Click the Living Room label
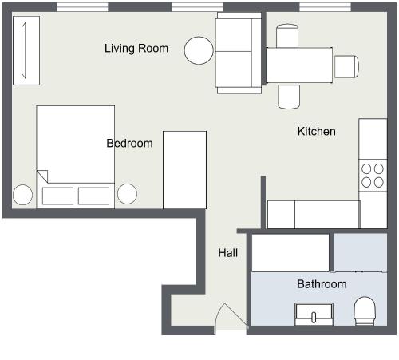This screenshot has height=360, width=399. coord(136,49)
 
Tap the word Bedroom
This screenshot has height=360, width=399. coord(129,143)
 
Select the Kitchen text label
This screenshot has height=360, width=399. coord(317,131)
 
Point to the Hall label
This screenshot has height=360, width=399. coord(228,252)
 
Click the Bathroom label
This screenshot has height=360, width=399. coord(322,284)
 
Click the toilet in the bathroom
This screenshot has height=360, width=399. coord(365,311)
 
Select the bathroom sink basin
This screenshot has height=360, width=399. coord(314,314)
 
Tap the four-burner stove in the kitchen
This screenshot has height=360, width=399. coord(373,176)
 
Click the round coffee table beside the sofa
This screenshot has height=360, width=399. coord(199,50)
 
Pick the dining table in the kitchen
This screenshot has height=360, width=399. coord(299,65)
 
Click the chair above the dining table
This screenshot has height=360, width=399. coord(287,36)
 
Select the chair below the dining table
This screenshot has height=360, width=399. coord(289,97)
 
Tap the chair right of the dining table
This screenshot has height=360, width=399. coord(347,66)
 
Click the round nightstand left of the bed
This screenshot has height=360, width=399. coord(22,195)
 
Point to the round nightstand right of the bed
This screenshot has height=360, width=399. coord(128,194)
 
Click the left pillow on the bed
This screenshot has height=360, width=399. coord(57,196)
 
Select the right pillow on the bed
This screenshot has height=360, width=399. coord(93,196)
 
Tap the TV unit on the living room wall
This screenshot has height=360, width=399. coord(26,50)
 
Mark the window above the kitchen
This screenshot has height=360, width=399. coord(326,7)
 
